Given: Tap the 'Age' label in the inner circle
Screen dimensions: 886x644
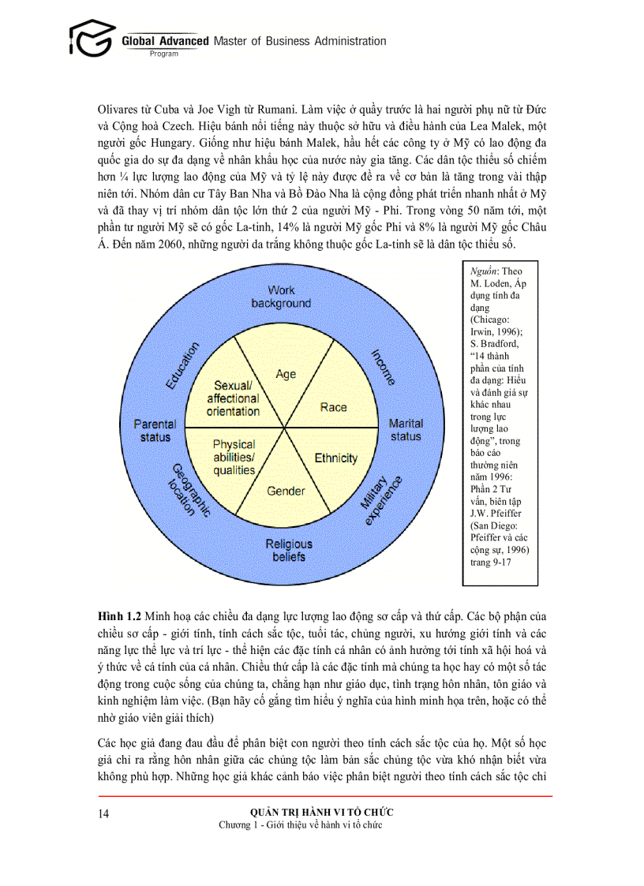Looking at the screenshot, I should [x=286, y=374].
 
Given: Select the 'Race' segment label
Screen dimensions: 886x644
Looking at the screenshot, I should [x=333, y=407].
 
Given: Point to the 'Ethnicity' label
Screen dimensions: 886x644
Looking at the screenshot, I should [x=336, y=458].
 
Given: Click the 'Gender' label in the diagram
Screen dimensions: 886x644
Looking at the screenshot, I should [x=286, y=491].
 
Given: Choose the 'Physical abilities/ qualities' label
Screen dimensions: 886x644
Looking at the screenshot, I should [x=234, y=458].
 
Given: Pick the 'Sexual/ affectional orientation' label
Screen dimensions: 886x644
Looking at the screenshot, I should [x=233, y=398].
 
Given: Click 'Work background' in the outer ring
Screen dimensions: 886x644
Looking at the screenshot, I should [x=281, y=297].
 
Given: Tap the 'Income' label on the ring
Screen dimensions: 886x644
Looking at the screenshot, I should [x=383, y=366].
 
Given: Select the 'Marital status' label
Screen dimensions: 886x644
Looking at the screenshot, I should [x=406, y=430].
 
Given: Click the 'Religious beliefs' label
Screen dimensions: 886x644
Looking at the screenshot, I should [x=288, y=550].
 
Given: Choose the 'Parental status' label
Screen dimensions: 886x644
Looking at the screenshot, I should [x=155, y=430].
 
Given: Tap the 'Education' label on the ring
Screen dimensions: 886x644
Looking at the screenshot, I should [x=182, y=365].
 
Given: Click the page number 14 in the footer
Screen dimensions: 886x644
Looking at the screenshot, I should [x=104, y=813].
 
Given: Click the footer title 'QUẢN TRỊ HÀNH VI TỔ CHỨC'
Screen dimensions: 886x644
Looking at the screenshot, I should [x=321, y=812].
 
